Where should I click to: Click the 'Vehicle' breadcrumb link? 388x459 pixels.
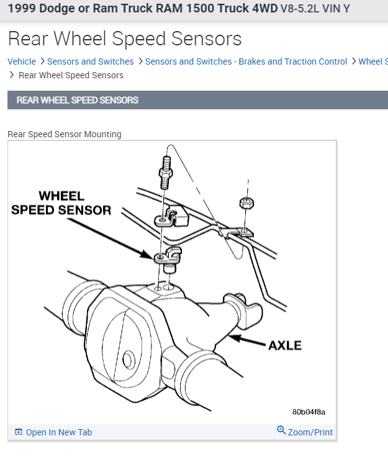tap(22, 61)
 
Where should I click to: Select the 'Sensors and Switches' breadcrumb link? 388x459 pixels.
tap(90, 61)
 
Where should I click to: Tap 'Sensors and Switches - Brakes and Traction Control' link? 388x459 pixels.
tap(246, 61)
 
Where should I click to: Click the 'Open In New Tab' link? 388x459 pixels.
tap(58, 432)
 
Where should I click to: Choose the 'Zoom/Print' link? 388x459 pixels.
tap(310, 432)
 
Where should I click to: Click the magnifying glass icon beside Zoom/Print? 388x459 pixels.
tap(281, 430)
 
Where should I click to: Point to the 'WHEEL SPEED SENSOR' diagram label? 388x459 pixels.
tap(61, 203)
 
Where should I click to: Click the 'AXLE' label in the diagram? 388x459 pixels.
tap(285, 345)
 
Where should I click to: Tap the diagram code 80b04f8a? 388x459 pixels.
tap(309, 412)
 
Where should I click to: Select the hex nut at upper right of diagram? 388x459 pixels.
tap(246, 203)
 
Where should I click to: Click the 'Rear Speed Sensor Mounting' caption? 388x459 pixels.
tap(65, 134)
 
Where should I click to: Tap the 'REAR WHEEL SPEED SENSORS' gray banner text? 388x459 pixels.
tap(78, 100)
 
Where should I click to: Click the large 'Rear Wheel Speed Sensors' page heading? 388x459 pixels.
tap(124, 39)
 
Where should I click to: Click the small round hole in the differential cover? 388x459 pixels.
tap(129, 358)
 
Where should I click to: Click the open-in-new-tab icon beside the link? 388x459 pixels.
tap(19, 432)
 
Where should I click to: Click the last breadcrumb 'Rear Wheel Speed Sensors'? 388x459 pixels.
tap(71, 75)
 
